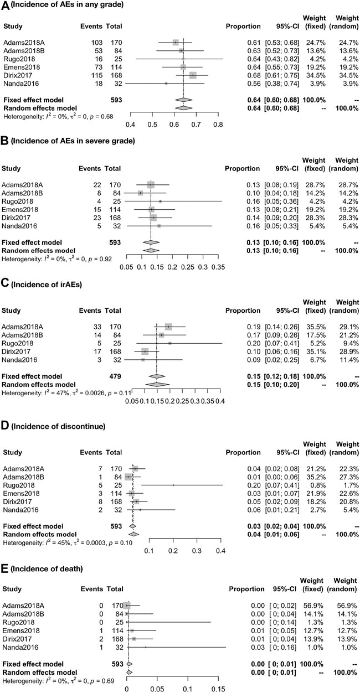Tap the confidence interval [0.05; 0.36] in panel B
tap(283, 201)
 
